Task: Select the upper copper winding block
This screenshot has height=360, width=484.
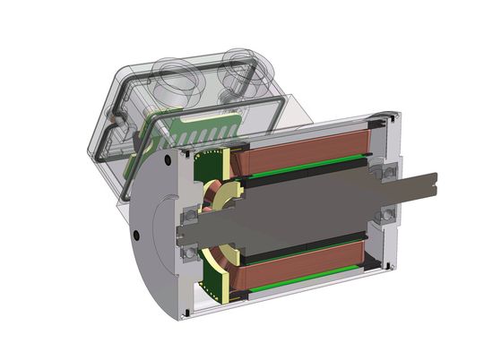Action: click(x=305, y=144)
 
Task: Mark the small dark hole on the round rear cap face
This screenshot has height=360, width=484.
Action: click(x=135, y=236)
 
